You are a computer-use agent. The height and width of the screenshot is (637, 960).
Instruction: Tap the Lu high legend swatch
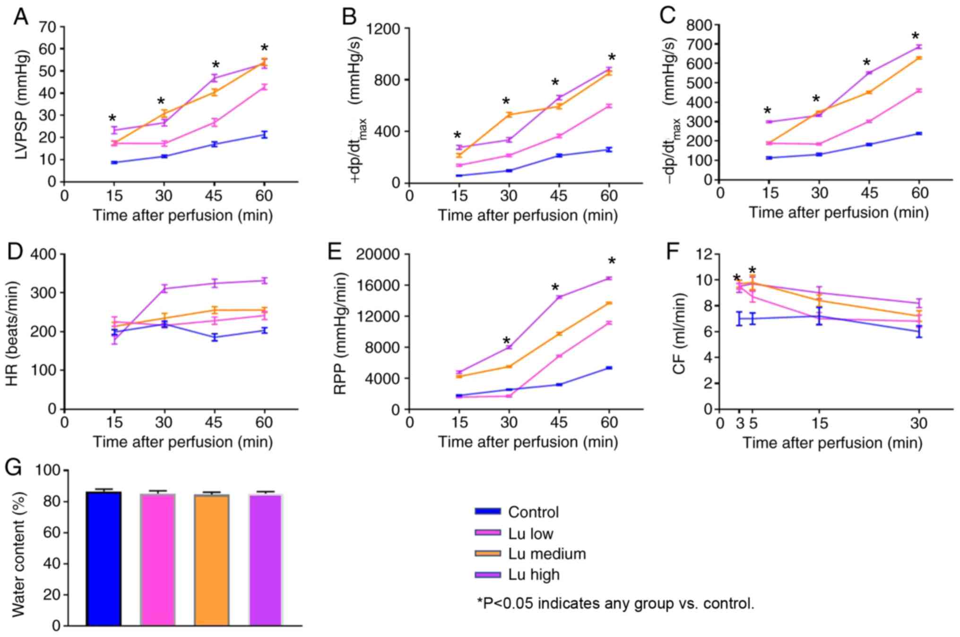pos(487,575)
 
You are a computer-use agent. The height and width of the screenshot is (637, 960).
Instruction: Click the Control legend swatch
pos(487,511)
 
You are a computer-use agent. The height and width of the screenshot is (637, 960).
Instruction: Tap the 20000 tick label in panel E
pos(378,254)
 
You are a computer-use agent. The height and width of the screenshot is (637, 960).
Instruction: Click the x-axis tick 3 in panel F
pos(739,423)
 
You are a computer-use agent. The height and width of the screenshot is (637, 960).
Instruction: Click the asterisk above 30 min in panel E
pos(507,341)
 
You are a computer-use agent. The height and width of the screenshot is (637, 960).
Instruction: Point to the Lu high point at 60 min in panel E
pos(609,278)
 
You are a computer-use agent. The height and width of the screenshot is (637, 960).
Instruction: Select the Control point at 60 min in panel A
pos(264,135)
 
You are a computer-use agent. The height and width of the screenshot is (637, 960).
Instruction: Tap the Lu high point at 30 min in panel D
pos(164,288)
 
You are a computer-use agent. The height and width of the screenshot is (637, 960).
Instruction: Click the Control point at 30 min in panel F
pos(919,331)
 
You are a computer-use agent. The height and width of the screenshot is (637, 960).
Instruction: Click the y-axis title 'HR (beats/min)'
pos(12,333)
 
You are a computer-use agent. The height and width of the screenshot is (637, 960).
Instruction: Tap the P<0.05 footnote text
pos(615,603)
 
